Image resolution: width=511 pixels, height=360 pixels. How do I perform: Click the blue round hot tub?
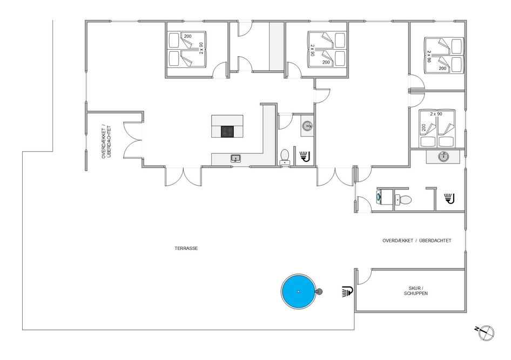point(298,291)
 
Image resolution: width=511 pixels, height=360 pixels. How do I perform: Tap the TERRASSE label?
point(186,248)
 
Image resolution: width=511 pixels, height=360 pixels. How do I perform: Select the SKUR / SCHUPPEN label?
point(416,291)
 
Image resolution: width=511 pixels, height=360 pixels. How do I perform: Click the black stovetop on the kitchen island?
point(227,132)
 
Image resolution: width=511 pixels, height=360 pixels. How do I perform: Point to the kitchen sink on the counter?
point(236,159)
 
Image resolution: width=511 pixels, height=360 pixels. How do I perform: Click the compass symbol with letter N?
point(485,332)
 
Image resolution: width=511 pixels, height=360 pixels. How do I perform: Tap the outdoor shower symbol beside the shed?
point(348,291)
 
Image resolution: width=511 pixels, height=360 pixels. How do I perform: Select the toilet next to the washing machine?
point(403,200)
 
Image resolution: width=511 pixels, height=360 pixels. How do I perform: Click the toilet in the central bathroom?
point(285,157)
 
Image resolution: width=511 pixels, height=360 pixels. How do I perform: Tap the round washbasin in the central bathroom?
point(307,125)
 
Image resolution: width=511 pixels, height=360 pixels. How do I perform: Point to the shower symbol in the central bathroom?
point(305,156)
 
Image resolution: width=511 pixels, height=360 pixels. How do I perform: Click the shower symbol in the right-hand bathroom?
point(449,199)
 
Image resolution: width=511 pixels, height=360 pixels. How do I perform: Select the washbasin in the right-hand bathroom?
point(443,157)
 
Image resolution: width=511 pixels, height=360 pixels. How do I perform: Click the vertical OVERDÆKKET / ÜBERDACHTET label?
point(106,142)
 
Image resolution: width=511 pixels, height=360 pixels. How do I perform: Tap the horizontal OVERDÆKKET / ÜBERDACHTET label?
point(417,241)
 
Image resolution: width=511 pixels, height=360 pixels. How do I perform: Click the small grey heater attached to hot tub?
point(319,291)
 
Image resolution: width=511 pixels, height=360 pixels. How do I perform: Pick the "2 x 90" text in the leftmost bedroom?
point(201,47)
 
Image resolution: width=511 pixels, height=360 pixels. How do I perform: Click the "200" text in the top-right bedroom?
point(442,69)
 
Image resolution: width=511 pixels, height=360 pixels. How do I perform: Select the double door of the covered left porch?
point(133,140)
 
